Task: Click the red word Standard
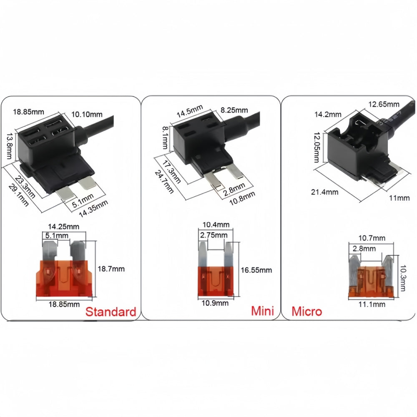(x=111, y=311)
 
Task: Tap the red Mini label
(x=262, y=311)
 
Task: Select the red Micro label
(x=306, y=311)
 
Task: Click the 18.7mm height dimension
(x=111, y=269)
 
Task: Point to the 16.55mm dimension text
(x=256, y=270)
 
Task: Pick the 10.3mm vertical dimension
(x=403, y=278)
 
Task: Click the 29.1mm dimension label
(x=18, y=195)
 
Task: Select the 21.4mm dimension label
(x=325, y=192)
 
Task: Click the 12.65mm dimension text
(x=384, y=104)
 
